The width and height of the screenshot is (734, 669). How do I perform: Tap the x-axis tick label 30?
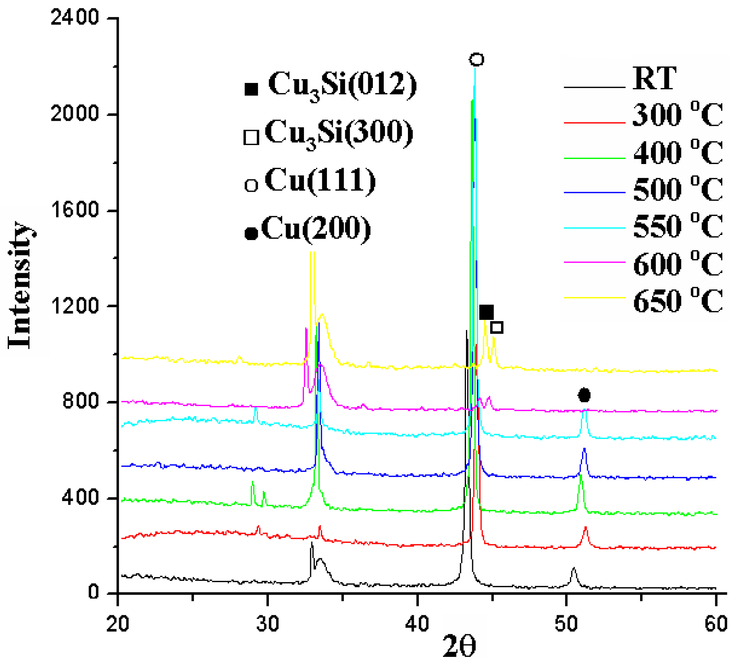268,624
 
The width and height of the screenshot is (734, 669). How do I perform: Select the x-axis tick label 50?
566,624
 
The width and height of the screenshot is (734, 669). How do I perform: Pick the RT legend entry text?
655,79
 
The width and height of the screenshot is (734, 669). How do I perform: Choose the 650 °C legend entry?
678,300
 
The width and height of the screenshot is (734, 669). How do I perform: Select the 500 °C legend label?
678,189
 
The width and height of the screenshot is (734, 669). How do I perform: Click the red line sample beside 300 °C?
594,123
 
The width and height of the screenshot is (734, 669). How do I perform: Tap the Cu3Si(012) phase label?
342,85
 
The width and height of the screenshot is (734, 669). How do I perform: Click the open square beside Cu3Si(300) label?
251,138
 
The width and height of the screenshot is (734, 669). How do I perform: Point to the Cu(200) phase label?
316,229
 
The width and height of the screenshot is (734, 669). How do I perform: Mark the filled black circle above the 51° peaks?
584,395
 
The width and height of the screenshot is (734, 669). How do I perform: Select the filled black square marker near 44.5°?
486,312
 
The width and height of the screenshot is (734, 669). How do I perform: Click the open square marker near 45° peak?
497,327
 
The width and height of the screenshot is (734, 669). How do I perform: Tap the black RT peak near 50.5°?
573,569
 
